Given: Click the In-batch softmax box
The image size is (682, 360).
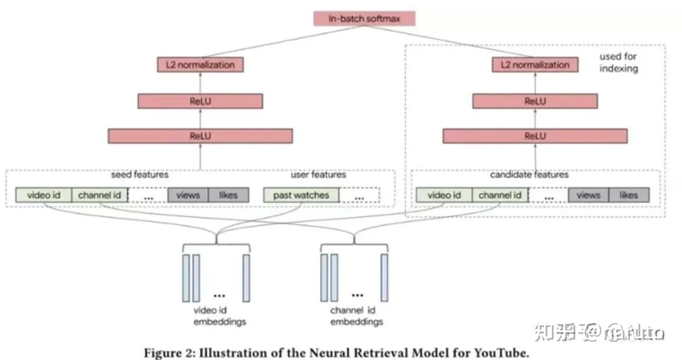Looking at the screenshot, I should pos(364,19).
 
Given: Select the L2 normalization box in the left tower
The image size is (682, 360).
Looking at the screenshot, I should pos(200,65).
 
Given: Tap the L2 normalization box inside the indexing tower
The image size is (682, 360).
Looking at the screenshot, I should pos(535,65).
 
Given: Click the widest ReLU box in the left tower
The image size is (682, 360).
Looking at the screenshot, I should pos(200,136).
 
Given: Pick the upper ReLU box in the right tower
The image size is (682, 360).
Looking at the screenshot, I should pos(535,101).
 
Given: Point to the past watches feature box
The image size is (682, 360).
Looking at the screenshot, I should pos(301,195).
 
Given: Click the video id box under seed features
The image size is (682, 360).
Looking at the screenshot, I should pos(44,195).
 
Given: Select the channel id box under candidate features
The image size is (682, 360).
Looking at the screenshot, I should pos(500,195).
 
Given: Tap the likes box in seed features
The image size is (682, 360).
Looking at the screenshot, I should pos(227,195).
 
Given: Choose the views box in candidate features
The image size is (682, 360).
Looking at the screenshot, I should pos(588,195).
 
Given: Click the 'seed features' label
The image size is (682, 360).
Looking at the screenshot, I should pos(140,175).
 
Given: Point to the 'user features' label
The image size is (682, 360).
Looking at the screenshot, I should pos(318,175).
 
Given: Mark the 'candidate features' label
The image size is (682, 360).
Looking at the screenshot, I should pos(529,175).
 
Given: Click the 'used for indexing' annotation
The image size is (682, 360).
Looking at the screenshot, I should pos(618,63).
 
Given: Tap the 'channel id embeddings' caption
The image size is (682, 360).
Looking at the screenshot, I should pos(356,316).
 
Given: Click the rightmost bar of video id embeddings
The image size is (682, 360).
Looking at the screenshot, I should pos(246,278).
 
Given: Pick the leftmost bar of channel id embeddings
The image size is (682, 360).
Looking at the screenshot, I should pos(324,278).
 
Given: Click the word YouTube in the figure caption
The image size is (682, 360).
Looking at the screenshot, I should pos(501,353).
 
